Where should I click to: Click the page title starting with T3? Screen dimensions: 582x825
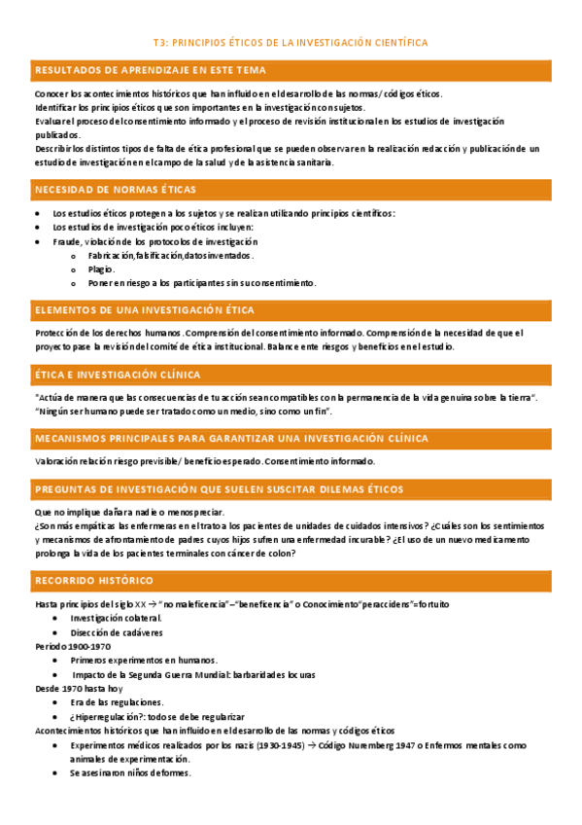point(291,43)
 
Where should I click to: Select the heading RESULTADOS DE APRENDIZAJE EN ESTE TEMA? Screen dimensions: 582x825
point(151,70)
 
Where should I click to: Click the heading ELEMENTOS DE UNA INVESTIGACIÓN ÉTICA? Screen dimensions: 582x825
point(145,309)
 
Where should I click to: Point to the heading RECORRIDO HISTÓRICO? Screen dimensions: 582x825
point(93,580)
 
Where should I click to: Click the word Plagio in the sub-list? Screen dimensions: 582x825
point(100,269)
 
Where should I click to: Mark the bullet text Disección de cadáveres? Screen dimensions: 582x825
point(117,632)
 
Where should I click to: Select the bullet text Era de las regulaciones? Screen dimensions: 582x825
point(117,701)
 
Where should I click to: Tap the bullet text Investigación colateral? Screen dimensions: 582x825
point(116,618)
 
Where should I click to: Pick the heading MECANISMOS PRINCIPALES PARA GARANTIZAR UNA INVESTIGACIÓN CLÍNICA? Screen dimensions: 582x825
point(231,439)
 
